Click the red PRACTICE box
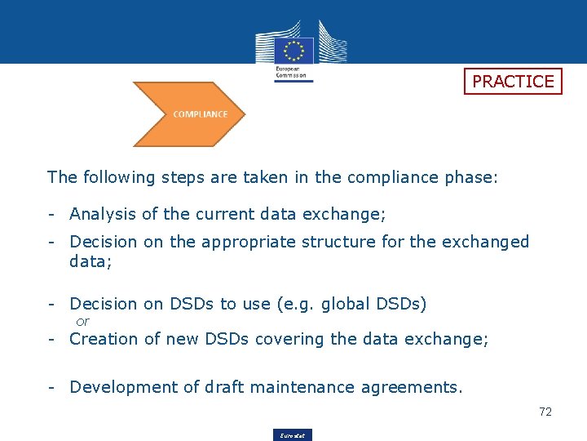pos(513,81)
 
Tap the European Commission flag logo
pos(293,50)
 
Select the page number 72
pos(545,412)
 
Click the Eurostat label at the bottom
pos(293,435)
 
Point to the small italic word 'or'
pos(82,322)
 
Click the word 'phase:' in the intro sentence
pos(470,177)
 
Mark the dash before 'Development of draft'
pos(51,387)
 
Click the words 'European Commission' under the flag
pos(293,73)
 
